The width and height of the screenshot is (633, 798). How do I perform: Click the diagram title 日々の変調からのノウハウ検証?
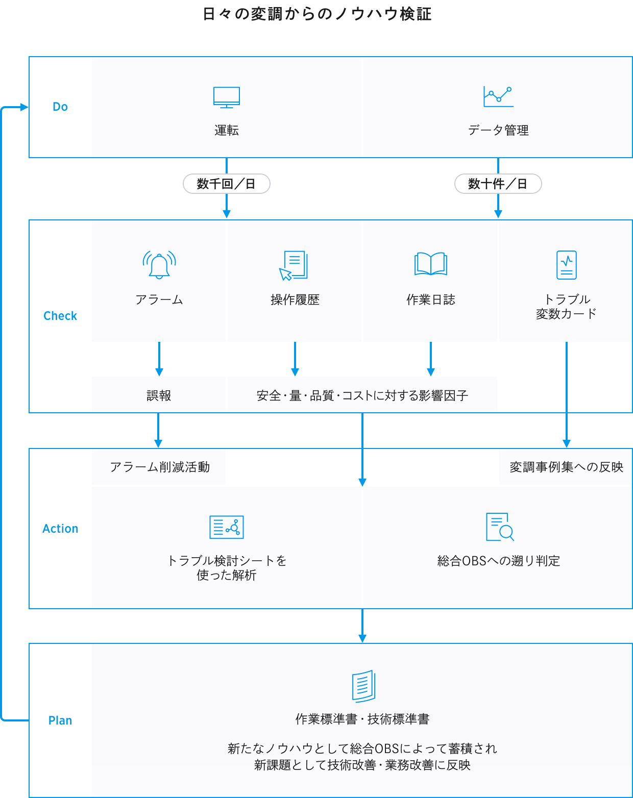point(317,14)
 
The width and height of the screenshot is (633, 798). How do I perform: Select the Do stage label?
point(60,107)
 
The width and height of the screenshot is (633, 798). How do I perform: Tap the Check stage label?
point(60,316)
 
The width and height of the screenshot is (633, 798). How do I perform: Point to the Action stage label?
point(60,529)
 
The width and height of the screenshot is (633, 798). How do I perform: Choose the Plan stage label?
point(60,720)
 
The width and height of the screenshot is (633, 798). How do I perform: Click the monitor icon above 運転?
point(227,97)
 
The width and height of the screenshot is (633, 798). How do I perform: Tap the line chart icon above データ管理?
point(498,96)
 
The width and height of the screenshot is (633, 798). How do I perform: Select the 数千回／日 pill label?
point(227,184)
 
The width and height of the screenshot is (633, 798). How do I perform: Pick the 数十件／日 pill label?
point(498,184)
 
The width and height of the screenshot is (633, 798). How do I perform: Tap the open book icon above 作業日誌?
point(430,264)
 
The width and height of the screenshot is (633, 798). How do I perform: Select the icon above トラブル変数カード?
point(567,265)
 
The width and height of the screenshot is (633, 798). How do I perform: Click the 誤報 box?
point(159,395)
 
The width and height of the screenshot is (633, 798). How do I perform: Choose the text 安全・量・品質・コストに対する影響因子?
point(362,395)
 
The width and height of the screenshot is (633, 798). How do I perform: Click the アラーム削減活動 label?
point(160,467)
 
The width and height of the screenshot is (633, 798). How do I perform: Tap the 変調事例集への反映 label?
point(566,467)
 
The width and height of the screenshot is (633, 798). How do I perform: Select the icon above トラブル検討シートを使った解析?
point(227,527)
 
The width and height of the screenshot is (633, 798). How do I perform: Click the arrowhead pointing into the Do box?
point(24,107)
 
